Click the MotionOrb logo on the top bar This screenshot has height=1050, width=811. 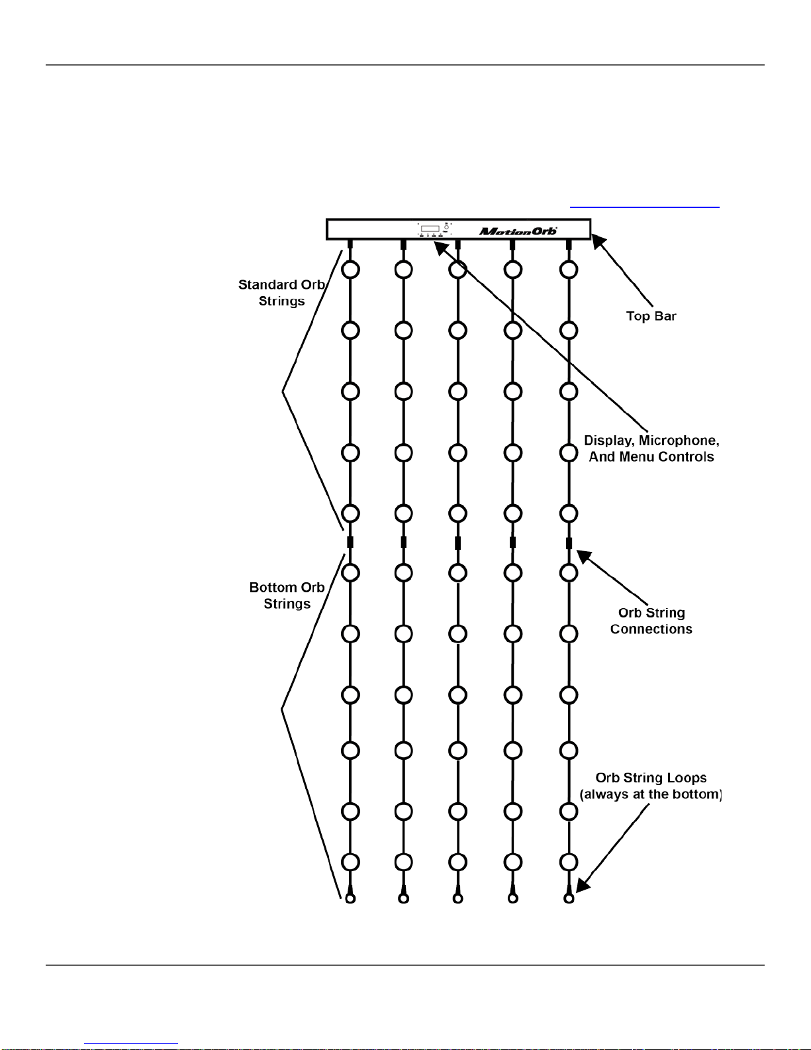[518, 231]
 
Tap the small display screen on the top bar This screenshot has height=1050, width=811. [430, 229]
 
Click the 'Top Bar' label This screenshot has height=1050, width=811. [651, 316]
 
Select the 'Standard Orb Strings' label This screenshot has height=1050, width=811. [281, 293]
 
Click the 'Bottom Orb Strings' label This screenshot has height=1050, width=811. [287, 596]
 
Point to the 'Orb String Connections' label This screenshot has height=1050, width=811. [651, 621]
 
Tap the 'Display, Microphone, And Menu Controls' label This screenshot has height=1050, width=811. [651, 448]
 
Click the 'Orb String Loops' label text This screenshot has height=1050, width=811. [651, 778]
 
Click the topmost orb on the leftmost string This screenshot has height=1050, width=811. [350, 270]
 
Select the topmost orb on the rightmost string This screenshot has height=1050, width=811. [569, 270]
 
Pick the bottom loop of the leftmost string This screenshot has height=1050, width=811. [350, 898]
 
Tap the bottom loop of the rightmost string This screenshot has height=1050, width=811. [569, 898]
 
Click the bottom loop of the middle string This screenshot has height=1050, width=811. [457, 898]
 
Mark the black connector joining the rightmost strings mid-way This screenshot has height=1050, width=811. [569, 543]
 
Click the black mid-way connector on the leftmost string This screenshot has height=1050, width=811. [350, 543]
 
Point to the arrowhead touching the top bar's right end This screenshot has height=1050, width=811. [598, 241]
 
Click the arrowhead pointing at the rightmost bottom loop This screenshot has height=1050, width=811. [583, 885]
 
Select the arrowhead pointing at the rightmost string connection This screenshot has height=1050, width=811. [584, 556]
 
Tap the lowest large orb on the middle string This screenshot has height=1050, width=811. [457, 862]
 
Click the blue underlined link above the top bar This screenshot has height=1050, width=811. [644, 207]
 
